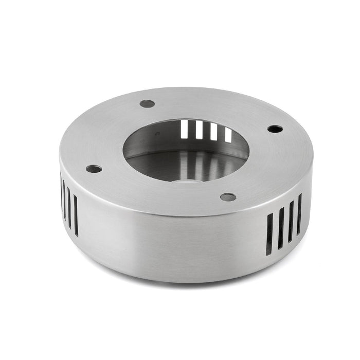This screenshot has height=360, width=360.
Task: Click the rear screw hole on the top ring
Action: [x=147, y=103]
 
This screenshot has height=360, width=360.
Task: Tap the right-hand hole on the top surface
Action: [x=275, y=129]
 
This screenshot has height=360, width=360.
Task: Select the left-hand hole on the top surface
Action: [x=94, y=168]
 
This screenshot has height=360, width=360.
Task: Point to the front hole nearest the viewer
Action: [x=228, y=197]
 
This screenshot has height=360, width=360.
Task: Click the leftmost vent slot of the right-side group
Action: [x=269, y=235]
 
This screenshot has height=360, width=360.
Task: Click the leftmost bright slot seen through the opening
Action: [x=186, y=128]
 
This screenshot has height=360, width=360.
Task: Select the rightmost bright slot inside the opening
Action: [x=228, y=135]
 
